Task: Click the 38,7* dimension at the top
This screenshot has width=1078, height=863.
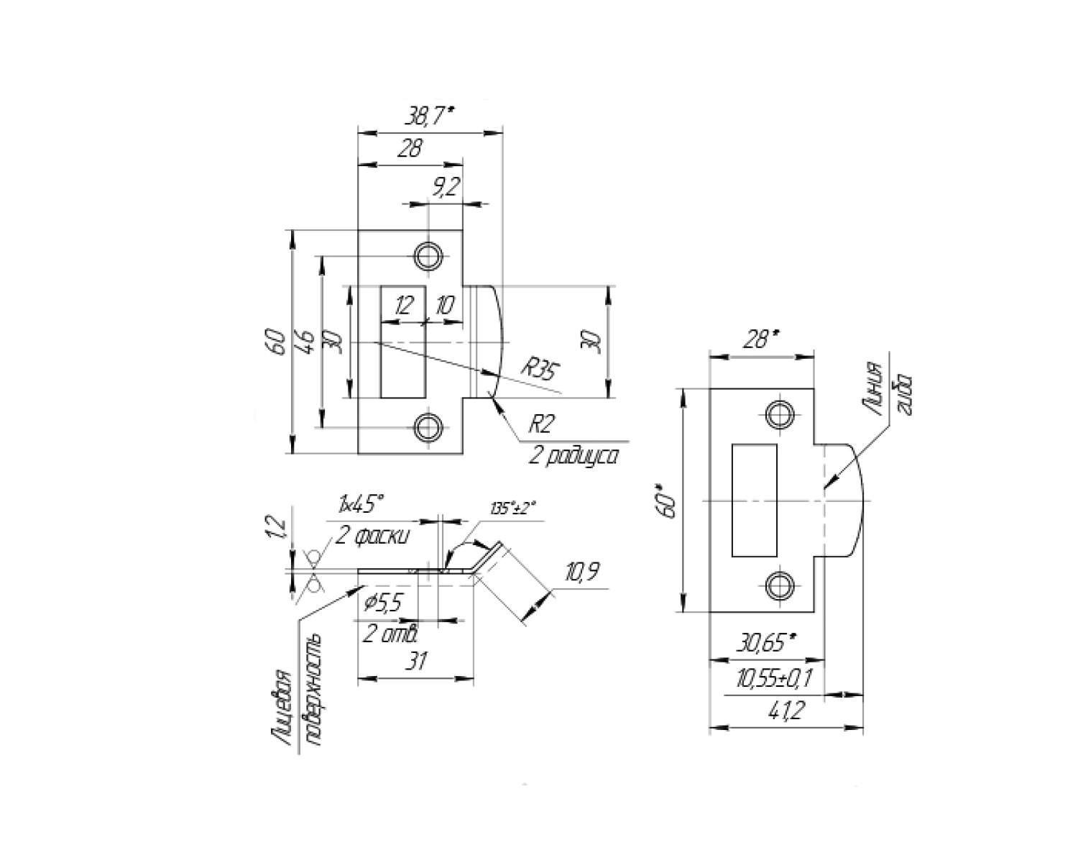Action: point(430,117)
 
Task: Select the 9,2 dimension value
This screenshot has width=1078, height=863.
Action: point(446,186)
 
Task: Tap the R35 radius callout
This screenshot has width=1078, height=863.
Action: point(540,370)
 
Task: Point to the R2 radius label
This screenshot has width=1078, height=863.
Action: point(542,425)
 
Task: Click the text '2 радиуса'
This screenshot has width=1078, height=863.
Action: point(573,457)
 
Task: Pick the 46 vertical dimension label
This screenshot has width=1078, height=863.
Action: point(306,342)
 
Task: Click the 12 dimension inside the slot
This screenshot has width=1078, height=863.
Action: point(405,305)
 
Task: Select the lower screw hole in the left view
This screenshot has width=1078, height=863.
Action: point(428,427)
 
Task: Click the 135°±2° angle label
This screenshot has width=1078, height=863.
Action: point(513,509)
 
